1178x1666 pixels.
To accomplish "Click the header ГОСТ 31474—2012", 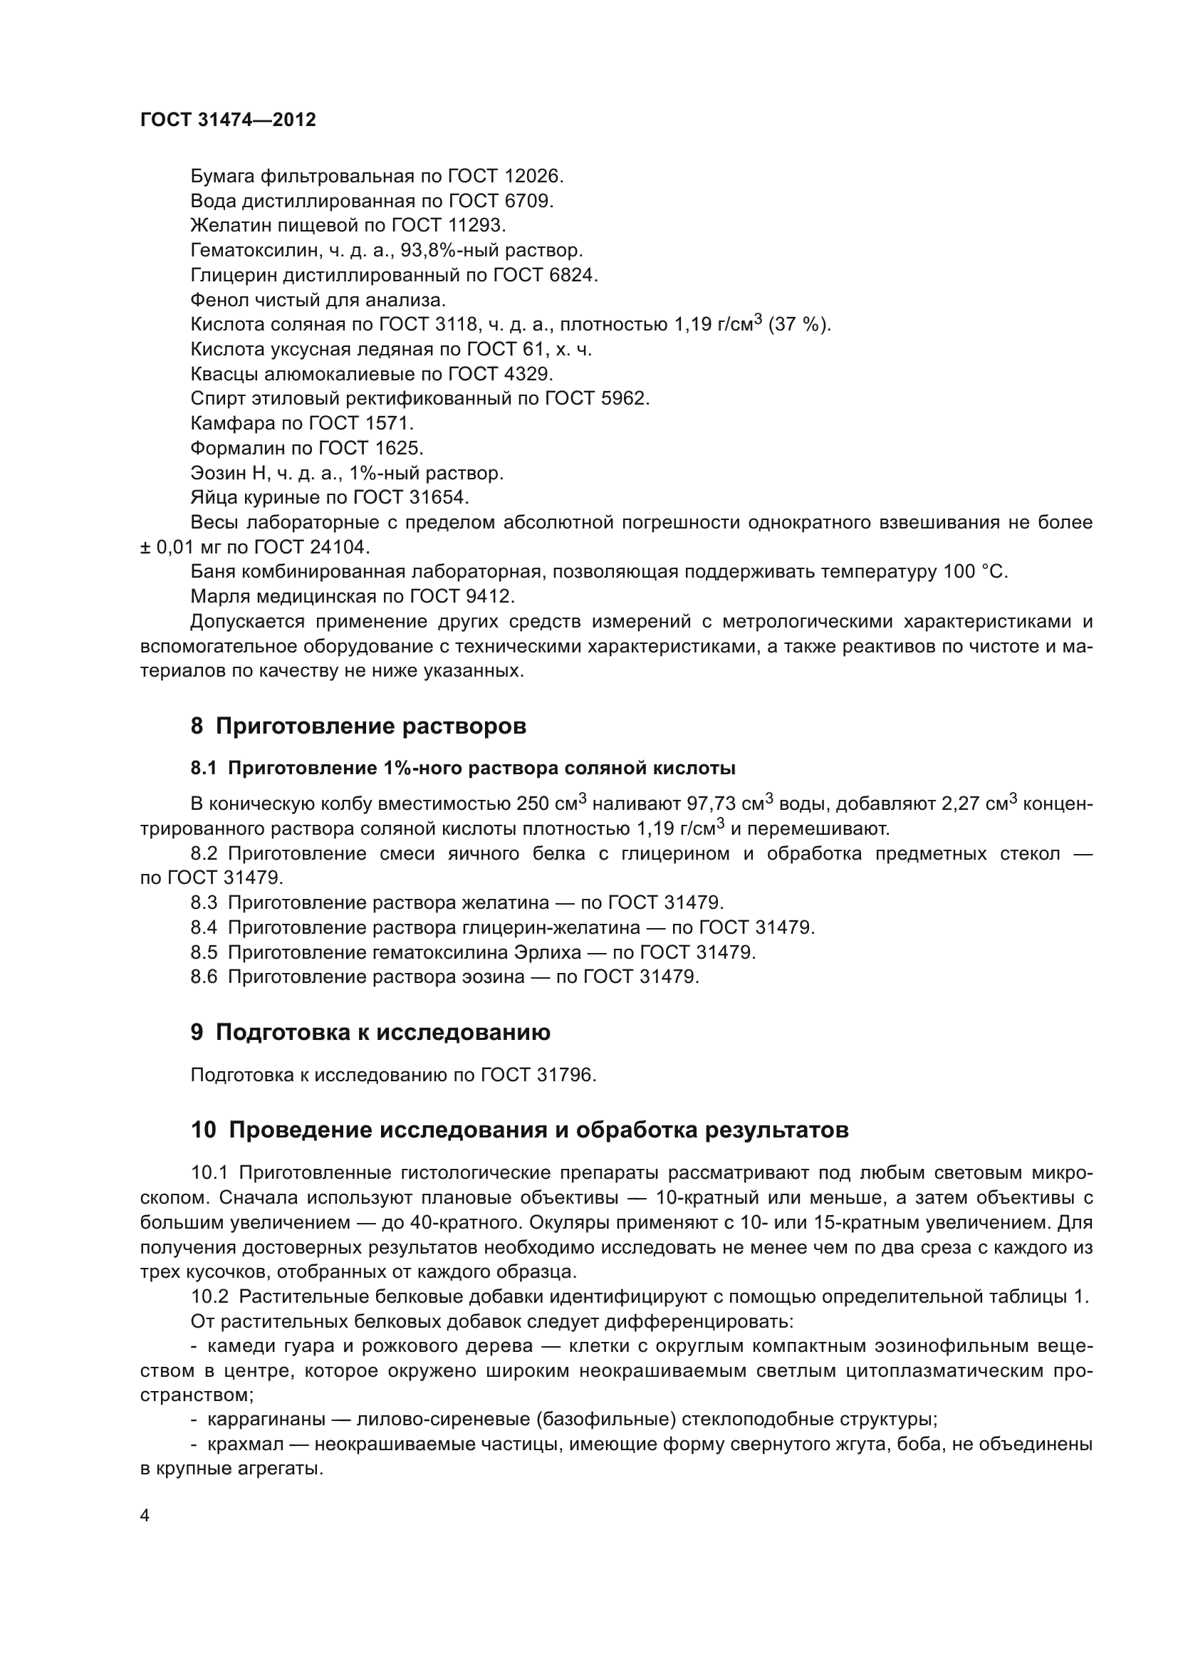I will tap(228, 120).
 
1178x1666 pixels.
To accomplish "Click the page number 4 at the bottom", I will tap(145, 1516).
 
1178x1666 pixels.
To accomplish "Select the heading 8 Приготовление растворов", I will tap(358, 727).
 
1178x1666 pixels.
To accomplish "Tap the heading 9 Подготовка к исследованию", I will tap(370, 1033).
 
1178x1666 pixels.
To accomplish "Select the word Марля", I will tap(217, 596).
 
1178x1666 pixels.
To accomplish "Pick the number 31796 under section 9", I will tap(565, 1076).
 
